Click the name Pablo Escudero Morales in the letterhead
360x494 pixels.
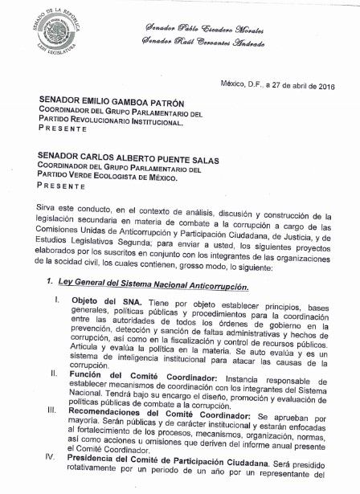tap(230, 27)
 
